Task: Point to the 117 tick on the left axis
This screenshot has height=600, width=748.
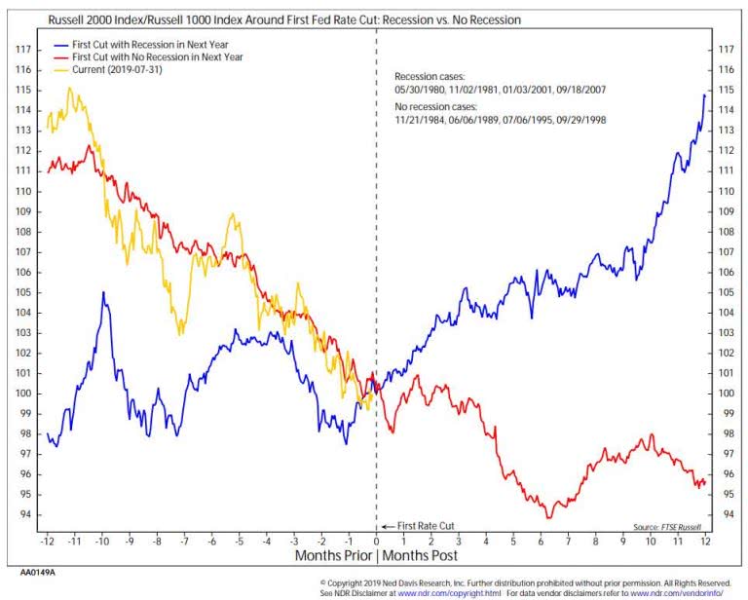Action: tap(26, 49)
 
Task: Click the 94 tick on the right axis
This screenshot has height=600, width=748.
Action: tap(725, 514)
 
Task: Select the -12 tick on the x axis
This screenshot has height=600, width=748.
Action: tap(47, 540)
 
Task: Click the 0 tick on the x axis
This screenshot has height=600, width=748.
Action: tap(377, 540)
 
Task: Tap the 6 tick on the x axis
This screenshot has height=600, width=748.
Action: tap(542, 540)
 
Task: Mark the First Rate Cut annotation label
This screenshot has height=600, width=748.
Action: tap(425, 526)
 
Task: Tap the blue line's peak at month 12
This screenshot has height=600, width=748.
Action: tap(704, 94)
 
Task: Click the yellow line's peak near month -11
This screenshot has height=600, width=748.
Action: tap(69, 89)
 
